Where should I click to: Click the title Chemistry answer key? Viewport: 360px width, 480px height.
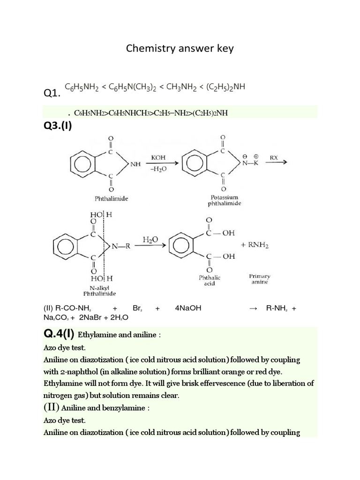pos(180,49)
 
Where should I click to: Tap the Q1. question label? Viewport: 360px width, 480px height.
pos(52,94)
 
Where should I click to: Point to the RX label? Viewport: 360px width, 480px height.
pos(273,158)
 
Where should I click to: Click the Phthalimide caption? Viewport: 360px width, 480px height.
pos(111,198)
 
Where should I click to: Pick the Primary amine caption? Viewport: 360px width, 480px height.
pos(259,279)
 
